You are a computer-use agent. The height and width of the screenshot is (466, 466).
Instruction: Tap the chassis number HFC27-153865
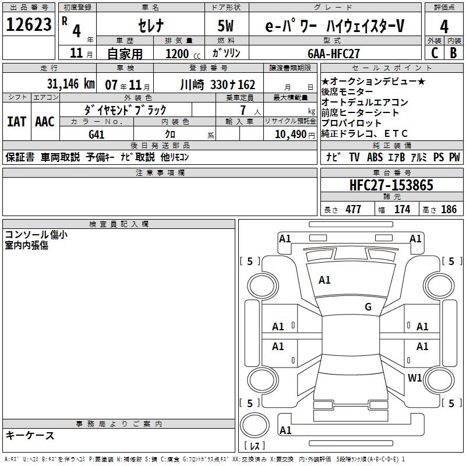pos(391,185)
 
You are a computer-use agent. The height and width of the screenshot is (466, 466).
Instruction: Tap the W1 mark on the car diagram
pos(415,377)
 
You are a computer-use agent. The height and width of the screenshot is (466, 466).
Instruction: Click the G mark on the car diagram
pos(368,307)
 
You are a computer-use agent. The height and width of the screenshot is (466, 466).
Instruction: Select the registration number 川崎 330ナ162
pos(218,84)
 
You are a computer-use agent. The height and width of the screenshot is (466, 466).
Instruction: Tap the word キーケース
pos(30,436)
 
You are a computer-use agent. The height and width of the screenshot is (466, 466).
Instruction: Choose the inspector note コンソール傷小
pos(36,235)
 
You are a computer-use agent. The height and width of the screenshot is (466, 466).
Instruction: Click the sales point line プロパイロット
pos(351,123)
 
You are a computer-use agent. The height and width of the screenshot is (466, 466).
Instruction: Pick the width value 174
pos(402,209)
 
